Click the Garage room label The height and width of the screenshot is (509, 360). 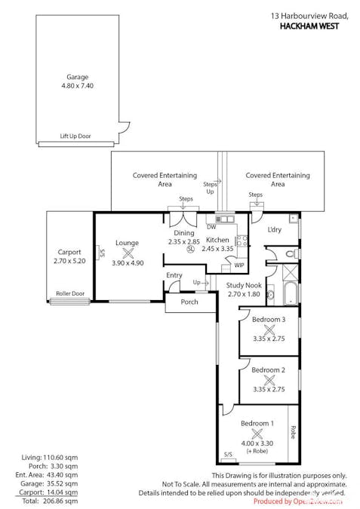(77, 77)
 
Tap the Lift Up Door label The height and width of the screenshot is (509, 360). (75, 136)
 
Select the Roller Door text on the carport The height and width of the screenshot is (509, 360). (69, 294)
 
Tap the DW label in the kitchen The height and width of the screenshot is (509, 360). (211, 226)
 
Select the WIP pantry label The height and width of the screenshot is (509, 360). (238, 265)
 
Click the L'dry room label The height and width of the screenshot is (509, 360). (275, 230)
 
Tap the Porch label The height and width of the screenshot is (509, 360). (189, 303)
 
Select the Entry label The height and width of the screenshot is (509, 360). (174, 275)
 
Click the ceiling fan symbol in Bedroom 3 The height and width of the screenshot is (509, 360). (268, 329)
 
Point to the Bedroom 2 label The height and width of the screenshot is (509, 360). (268, 370)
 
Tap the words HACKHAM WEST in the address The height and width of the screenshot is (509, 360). (309, 26)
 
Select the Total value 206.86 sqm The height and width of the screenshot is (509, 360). (61, 500)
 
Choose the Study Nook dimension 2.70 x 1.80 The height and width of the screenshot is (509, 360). (244, 294)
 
